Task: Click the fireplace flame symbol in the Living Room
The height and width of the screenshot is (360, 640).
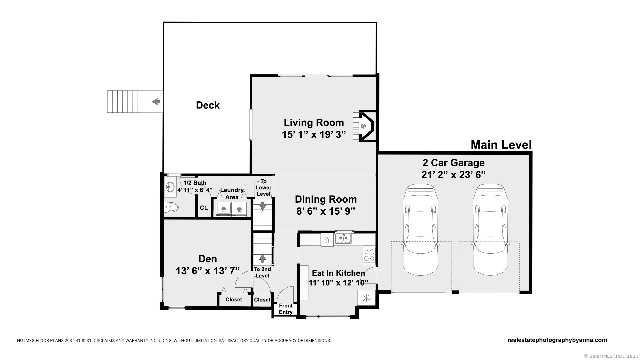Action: tap(363, 126)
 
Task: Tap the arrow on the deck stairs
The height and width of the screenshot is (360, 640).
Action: tap(156, 101)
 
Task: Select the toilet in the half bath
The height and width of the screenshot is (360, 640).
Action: tap(171, 207)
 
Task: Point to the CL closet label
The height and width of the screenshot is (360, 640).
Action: tap(204, 208)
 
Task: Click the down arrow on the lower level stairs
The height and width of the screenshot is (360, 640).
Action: tap(263, 206)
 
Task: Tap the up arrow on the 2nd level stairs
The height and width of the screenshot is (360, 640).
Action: tap(262, 258)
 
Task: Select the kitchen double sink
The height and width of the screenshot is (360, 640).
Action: tap(343, 238)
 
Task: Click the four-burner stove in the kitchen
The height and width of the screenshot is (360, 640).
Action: tap(369, 255)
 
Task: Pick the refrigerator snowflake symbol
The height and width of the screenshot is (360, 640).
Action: tap(366, 298)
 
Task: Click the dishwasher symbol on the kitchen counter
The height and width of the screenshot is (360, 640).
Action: tap(327, 239)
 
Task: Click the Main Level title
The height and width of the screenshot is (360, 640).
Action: tap(501, 145)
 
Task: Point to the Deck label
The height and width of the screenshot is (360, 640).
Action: tap(208, 105)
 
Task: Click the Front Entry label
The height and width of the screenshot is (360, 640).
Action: tap(286, 309)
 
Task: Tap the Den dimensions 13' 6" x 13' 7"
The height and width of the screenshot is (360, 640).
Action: tap(208, 271)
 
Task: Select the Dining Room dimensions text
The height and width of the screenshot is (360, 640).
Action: tap(326, 211)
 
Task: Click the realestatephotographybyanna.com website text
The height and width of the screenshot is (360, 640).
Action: tap(557, 340)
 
